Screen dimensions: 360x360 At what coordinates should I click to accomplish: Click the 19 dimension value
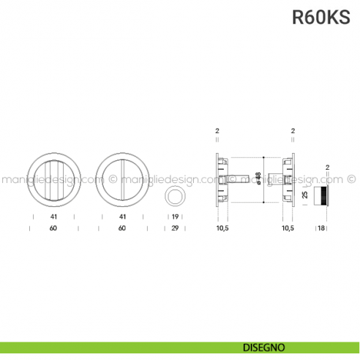coord(176,217)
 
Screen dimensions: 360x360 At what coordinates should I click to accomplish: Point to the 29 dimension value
coord(176,228)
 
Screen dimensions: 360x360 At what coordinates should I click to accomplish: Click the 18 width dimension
coord(321,228)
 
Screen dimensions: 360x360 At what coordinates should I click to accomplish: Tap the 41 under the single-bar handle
coord(122,217)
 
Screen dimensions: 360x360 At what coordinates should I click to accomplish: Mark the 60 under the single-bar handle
coord(122,228)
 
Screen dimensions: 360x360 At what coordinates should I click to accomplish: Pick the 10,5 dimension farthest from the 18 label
coord(222,228)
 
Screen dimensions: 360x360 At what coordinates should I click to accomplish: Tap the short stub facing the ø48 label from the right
coord(272,178)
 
